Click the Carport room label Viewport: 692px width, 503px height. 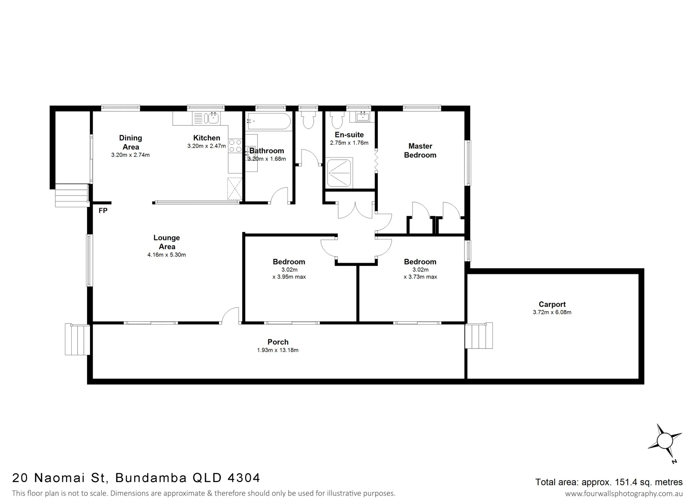pyautogui.click(x=552, y=305)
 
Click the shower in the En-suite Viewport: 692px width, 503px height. pyautogui.click(x=340, y=173)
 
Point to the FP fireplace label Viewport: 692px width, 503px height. pyautogui.click(x=103, y=211)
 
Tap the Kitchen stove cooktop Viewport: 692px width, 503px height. pyautogui.click(x=235, y=146)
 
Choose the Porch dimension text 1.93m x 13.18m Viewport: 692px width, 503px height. pyautogui.click(x=278, y=350)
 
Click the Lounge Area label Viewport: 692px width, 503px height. pyautogui.click(x=166, y=242)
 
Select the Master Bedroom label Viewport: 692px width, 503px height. pyautogui.click(x=420, y=150)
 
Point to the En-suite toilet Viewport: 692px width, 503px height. pyautogui.click(x=336, y=121)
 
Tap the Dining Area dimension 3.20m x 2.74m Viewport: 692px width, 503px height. pyautogui.click(x=130, y=155)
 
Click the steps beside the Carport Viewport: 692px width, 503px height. pyautogui.click(x=479, y=336)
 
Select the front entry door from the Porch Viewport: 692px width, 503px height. pyautogui.click(x=230, y=316)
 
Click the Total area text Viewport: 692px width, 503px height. pyautogui.click(x=609, y=482)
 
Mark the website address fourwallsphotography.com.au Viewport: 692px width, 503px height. pyautogui.click(x=623, y=493)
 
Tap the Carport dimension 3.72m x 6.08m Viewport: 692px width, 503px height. pyautogui.click(x=552, y=313)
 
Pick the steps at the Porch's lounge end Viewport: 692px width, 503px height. pyautogui.click(x=77, y=340)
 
